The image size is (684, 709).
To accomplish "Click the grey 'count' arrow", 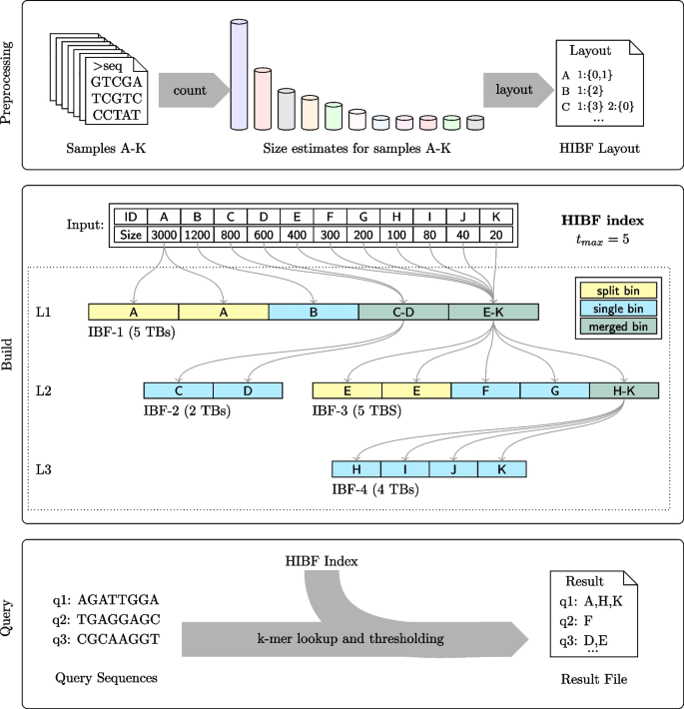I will [190, 91].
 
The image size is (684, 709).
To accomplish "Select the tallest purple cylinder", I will [239, 75].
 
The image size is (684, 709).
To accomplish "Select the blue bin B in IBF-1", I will [314, 313].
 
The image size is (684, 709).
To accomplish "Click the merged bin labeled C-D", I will [403, 313].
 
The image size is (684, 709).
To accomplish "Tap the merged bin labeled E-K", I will [493, 313].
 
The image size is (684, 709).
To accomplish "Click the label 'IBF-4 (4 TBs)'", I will [374, 489].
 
